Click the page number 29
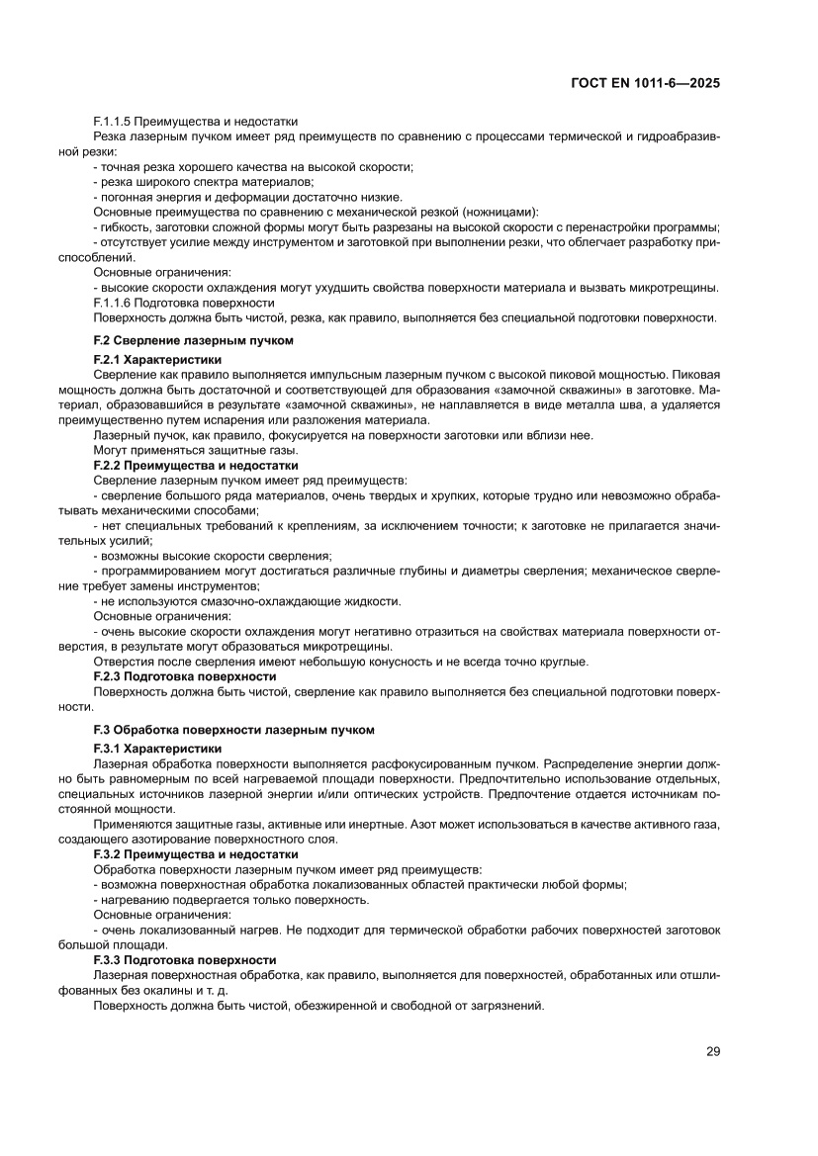click(712, 1051)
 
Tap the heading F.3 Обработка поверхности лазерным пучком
click(233, 730)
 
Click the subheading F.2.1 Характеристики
click(157, 360)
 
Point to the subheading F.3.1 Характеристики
click(157, 749)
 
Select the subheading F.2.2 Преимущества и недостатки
click(195, 465)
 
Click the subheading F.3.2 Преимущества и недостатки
click(195, 853)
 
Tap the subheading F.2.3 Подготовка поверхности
click(184, 676)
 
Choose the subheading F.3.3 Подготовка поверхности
click(184, 960)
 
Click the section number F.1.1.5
click(113, 121)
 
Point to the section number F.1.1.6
click(113, 303)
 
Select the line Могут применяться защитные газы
click(181, 450)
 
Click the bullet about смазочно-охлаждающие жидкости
click(247, 601)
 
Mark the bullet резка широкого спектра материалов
click(204, 181)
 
